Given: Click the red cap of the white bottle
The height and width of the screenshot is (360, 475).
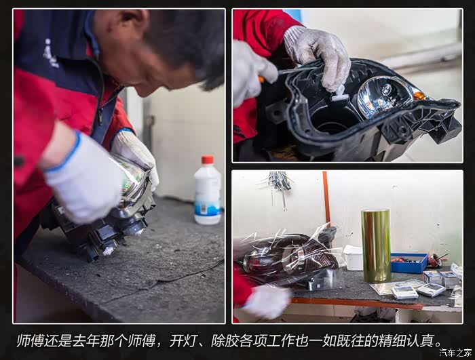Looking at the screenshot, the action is (208, 159).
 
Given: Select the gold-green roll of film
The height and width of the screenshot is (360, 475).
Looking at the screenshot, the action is (376, 245).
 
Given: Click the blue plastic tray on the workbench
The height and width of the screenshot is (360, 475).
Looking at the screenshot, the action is (408, 263).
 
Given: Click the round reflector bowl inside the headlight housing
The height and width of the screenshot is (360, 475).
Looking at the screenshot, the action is (383, 96).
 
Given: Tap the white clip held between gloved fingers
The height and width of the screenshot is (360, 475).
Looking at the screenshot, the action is (339, 94).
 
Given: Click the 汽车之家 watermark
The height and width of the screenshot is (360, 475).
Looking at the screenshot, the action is (455, 353).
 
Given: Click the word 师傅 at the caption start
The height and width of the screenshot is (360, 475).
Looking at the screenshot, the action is (31, 340).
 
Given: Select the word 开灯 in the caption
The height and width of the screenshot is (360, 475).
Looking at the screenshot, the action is (183, 340).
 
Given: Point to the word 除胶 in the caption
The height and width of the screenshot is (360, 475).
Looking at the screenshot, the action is (225, 340).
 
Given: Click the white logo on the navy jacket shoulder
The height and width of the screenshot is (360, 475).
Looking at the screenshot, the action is (50, 54).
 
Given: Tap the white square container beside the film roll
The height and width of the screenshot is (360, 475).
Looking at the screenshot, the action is (353, 258).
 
